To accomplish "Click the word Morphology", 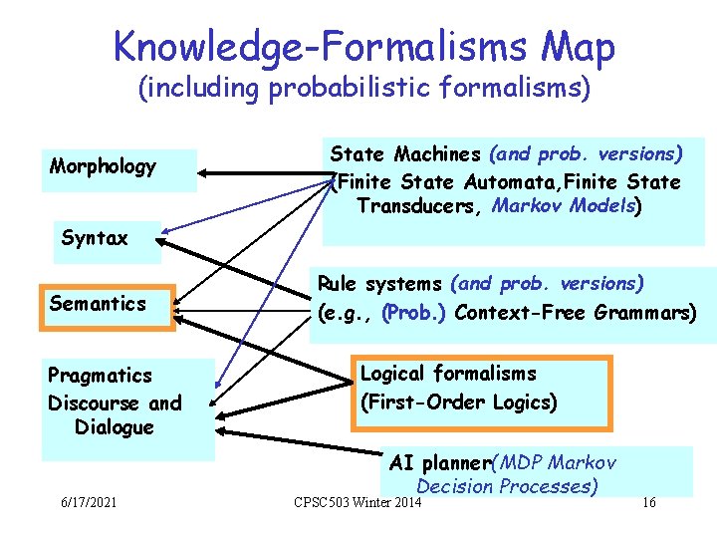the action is click(103, 166).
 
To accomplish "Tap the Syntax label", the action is click(95, 238).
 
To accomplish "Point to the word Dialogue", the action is click(115, 427).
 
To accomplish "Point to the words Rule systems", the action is click(379, 284).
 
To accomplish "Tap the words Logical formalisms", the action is click(448, 374).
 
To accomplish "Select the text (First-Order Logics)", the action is click(458, 403).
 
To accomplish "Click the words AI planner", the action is click(439, 463).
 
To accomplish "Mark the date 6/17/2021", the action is click(87, 501).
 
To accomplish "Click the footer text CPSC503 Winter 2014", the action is click(358, 501).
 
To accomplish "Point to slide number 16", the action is click(648, 501).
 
